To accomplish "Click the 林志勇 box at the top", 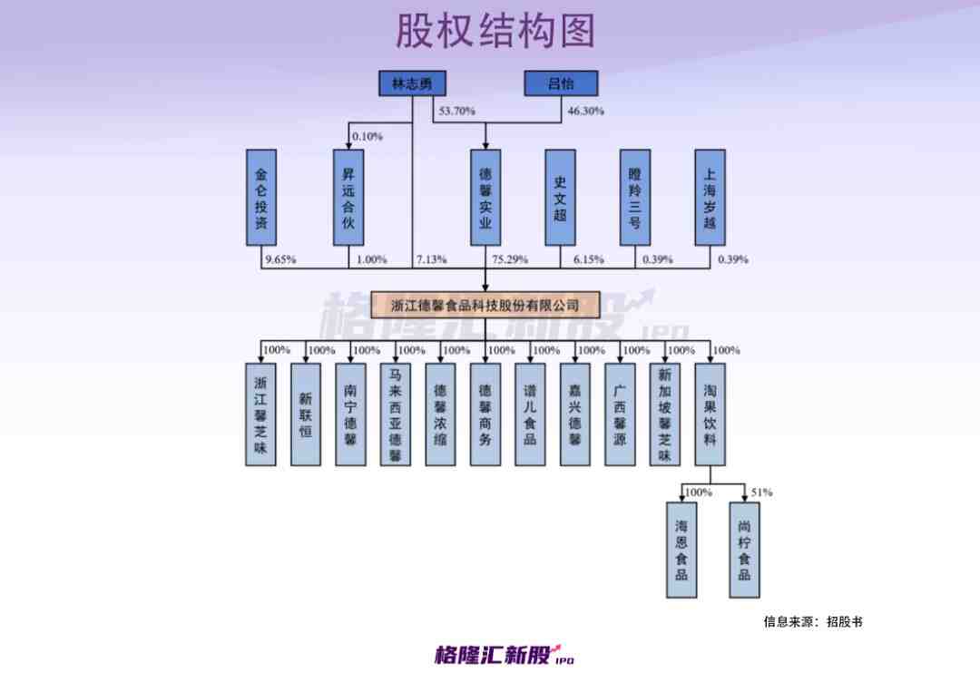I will coord(412,83).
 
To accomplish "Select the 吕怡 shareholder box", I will coord(561,83).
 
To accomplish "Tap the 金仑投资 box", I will coord(261,197).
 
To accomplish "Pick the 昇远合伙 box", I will coord(348,197).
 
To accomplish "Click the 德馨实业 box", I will coord(485,197).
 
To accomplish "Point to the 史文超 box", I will coord(560,197).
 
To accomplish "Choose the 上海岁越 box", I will coord(710,197).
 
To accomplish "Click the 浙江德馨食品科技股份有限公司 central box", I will coord(485,305).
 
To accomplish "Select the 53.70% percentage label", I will coord(457,112).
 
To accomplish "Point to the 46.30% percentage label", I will coord(585,112).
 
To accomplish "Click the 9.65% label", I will coord(279,260).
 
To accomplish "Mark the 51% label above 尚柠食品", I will coord(761,492).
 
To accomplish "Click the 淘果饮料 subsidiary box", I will coord(710,414).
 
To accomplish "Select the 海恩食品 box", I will coord(681,550).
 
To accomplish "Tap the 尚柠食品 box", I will coord(744,550).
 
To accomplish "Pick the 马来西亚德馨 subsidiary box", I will coord(395,414).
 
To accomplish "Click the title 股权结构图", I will coord(495,32).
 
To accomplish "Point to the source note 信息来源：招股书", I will coord(812,622).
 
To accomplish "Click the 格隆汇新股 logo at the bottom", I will coord(504,654).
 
